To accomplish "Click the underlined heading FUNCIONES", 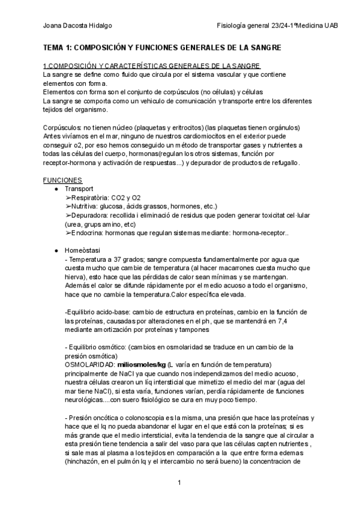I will pos(63,180).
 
